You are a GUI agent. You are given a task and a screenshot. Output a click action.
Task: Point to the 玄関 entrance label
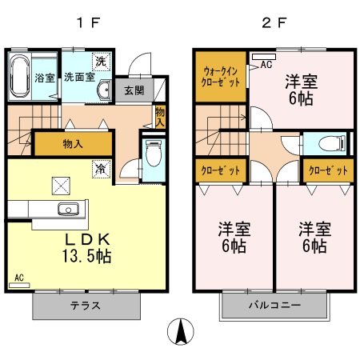click(x=134, y=90)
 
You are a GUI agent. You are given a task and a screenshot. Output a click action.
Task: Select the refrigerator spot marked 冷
click(x=101, y=169)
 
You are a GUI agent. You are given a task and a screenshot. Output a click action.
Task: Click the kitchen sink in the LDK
click(x=66, y=210)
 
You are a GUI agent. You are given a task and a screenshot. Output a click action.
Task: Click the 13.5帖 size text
click(x=88, y=256)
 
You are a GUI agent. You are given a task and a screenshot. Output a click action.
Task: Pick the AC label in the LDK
click(x=18, y=278)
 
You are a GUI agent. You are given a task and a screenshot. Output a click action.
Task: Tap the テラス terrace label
click(x=87, y=306)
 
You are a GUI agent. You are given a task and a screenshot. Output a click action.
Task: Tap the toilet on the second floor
click(x=330, y=145)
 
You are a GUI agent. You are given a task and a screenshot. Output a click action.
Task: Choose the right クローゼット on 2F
click(x=328, y=171)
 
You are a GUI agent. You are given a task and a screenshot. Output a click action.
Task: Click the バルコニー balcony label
click(x=274, y=306)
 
